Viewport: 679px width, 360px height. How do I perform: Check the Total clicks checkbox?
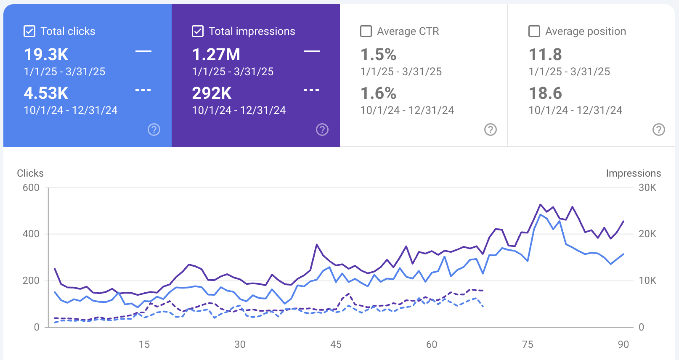pos(29,31)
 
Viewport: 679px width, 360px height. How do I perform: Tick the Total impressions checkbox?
pos(198,31)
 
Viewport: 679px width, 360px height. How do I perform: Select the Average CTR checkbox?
pos(366,31)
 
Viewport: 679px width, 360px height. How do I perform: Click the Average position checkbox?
pos(534,31)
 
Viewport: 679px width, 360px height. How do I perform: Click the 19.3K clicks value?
pos(46,55)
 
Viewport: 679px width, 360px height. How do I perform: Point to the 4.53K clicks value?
pos(46,93)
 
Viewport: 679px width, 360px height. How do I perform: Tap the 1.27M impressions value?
pos(216,55)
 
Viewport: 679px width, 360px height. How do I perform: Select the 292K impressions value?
pos(212,93)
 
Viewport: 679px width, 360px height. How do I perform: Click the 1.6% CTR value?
pos(378,93)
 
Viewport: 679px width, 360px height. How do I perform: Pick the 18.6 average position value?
pos(545,93)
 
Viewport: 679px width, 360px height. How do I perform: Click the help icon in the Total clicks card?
pos(154,130)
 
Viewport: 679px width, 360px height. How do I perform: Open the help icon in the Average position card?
pos(659,130)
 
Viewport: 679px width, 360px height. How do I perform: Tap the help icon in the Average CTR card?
pos(491,130)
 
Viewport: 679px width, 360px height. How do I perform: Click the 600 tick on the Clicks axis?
pos(31,188)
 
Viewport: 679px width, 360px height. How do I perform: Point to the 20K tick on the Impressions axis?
pos(647,234)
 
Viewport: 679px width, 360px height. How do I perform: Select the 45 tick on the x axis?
pos(336,344)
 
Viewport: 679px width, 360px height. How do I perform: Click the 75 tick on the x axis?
pos(528,344)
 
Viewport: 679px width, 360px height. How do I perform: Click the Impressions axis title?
pos(633,173)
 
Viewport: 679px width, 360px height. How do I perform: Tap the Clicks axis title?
pos(30,173)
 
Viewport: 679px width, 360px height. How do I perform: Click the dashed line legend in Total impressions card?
pos(311,90)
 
